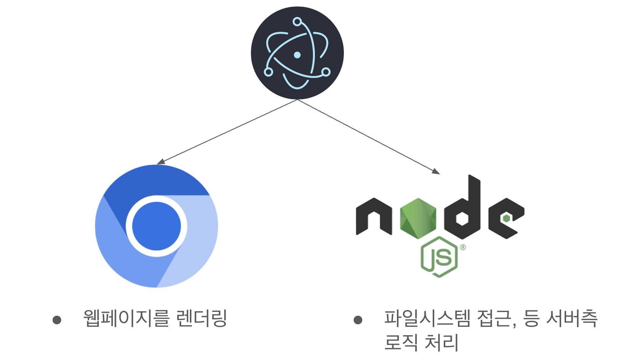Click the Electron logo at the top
[x=297, y=53]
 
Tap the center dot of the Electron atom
[x=297, y=55]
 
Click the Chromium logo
[x=156, y=226]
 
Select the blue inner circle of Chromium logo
[x=156, y=226]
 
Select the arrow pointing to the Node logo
[x=368, y=137]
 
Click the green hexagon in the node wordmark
[x=418, y=219]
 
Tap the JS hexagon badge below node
[x=440, y=257]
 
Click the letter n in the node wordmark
[x=374, y=217]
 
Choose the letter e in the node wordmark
[x=506, y=218]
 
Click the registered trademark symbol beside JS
[x=463, y=247]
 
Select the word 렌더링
[x=202, y=318]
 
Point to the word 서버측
[x=572, y=318]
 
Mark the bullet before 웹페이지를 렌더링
[x=57, y=320]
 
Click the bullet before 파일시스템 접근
[x=358, y=320]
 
